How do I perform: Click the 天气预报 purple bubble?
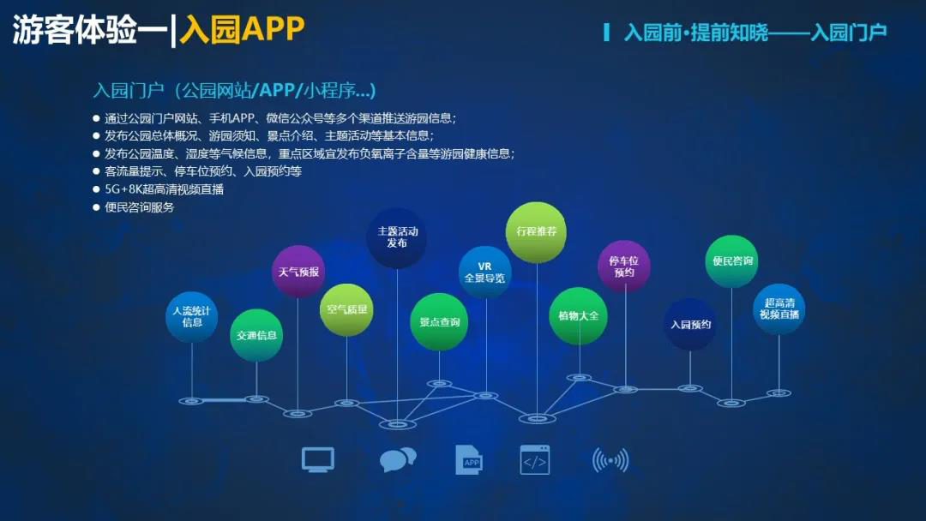pyautogui.click(x=298, y=272)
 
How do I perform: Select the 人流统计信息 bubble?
pyautogui.click(x=192, y=317)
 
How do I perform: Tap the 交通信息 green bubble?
pyautogui.click(x=256, y=335)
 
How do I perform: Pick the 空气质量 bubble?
pyautogui.click(x=346, y=309)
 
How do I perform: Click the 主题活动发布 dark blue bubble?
pyautogui.click(x=397, y=237)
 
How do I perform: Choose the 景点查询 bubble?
pyautogui.click(x=439, y=322)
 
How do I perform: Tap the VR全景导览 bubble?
pyautogui.click(x=484, y=272)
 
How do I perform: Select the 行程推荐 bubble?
pyautogui.click(x=536, y=232)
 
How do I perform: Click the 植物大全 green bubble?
pyautogui.click(x=579, y=315)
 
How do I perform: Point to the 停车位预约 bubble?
pyautogui.click(x=624, y=266)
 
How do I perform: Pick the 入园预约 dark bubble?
pyautogui.click(x=690, y=325)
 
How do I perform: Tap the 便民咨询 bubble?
pyautogui.click(x=731, y=260)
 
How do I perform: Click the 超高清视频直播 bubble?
pyautogui.click(x=779, y=308)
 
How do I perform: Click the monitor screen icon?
pyautogui.click(x=318, y=459)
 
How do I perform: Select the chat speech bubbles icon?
pyautogui.click(x=398, y=459)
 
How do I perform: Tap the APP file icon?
pyautogui.click(x=469, y=459)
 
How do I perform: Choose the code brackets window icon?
pyautogui.click(x=535, y=460)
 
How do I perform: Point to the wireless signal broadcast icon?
pyautogui.click(x=610, y=460)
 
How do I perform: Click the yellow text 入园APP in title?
pyautogui.click(x=242, y=28)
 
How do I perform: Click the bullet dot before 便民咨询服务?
pyautogui.click(x=96, y=207)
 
